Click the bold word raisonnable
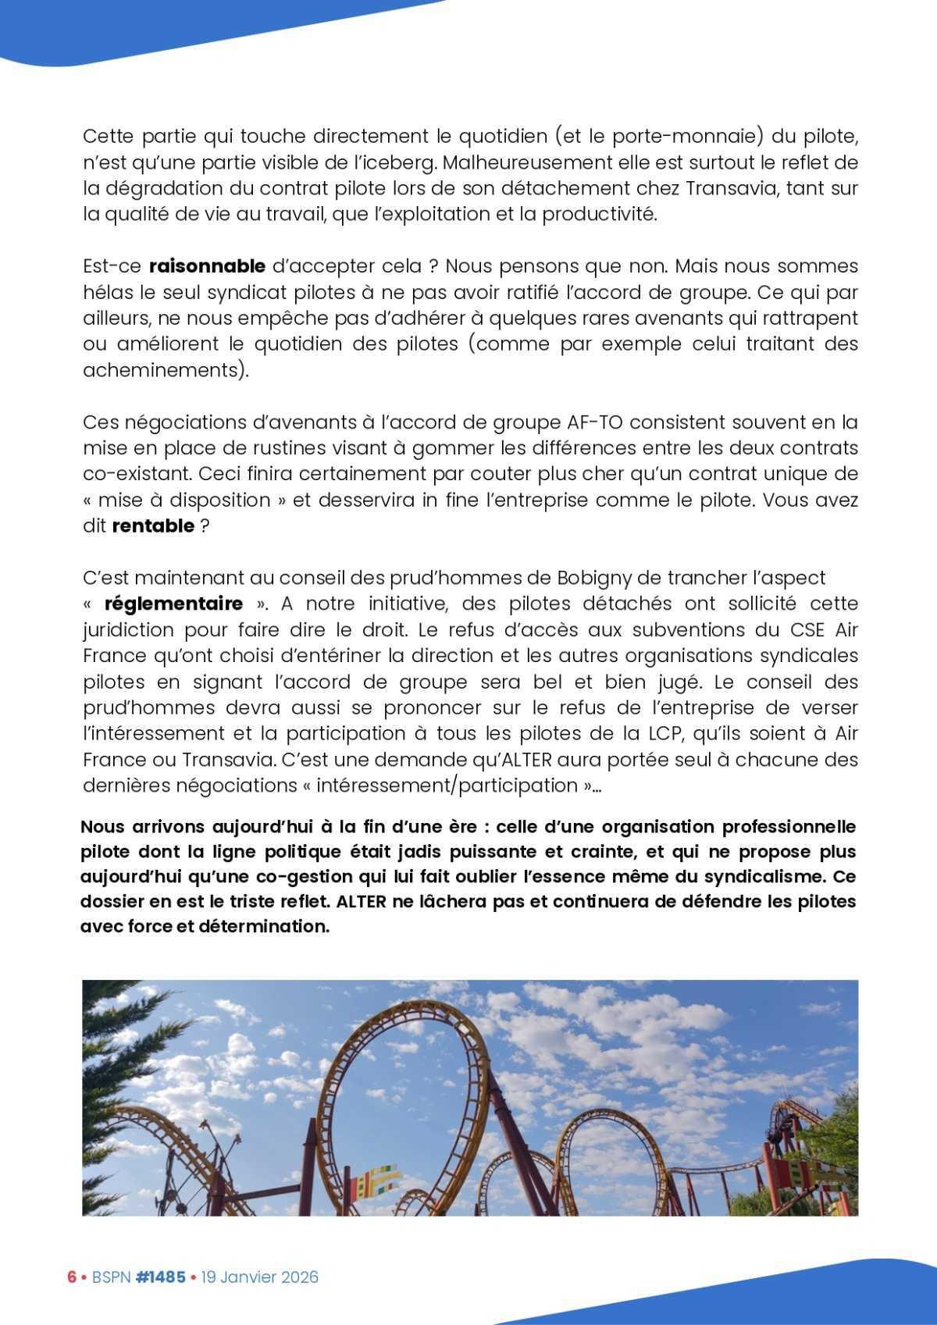(x=207, y=266)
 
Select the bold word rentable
(x=153, y=525)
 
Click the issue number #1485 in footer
(x=160, y=1277)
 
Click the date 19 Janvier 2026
(x=259, y=1277)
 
